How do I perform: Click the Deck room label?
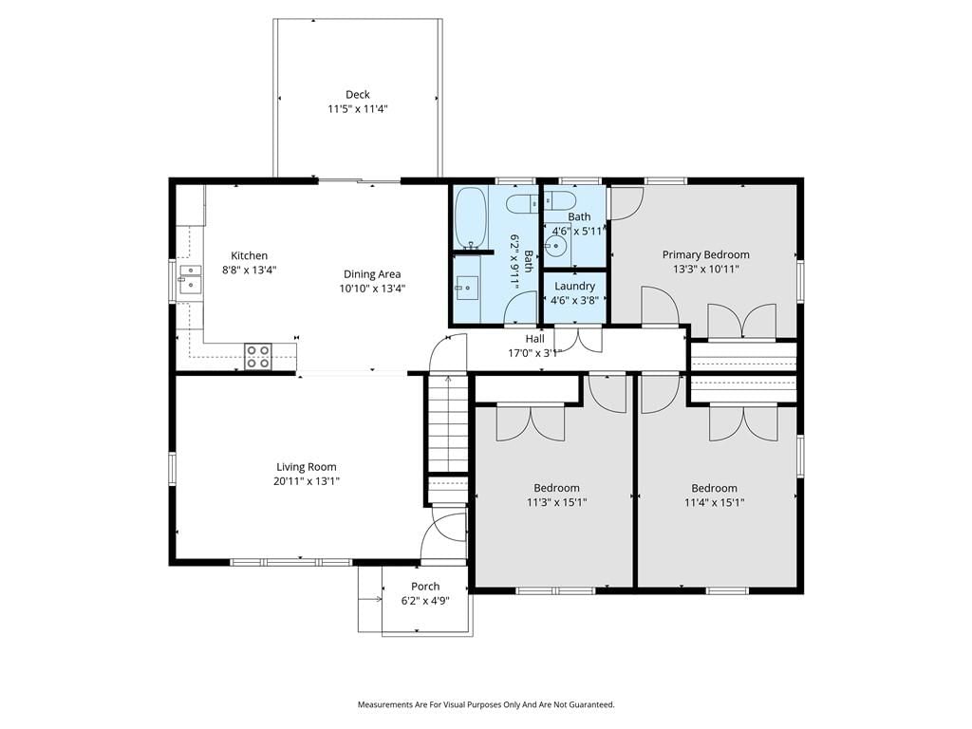pyautogui.click(x=358, y=95)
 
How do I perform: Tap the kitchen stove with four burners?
pyautogui.click(x=258, y=357)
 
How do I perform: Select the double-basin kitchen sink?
pyautogui.click(x=190, y=280)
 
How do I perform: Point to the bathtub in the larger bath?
pyautogui.click(x=471, y=217)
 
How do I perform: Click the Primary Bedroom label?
pyautogui.click(x=706, y=254)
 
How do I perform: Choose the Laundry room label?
pyautogui.click(x=574, y=287)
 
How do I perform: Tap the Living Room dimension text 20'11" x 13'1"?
pyautogui.click(x=307, y=481)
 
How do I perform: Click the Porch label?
pyautogui.click(x=425, y=587)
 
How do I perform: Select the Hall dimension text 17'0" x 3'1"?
pyautogui.click(x=535, y=353)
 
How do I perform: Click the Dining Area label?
pyautogui.click(x=372, y=274)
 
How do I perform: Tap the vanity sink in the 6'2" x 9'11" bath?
pyautogui.click(x=467, y=287)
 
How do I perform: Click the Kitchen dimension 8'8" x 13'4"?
pyautogui.click(x=250, y=271)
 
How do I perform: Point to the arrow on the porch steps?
pyautogui.click(x=370, y=599)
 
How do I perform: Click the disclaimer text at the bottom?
pyautogui.click(x=486, y=705)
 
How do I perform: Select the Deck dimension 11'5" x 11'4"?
pyautogui.click(x=358, y=109)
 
